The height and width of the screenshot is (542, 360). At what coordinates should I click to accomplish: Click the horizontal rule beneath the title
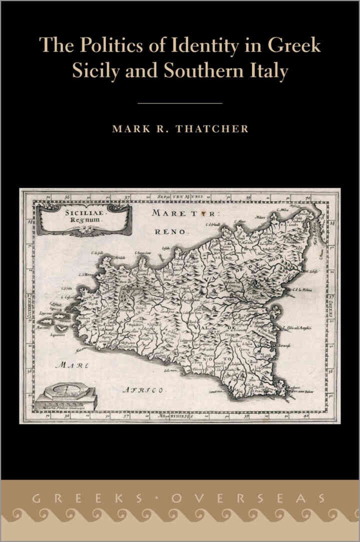pyautogui.click(x=179, y=103)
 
